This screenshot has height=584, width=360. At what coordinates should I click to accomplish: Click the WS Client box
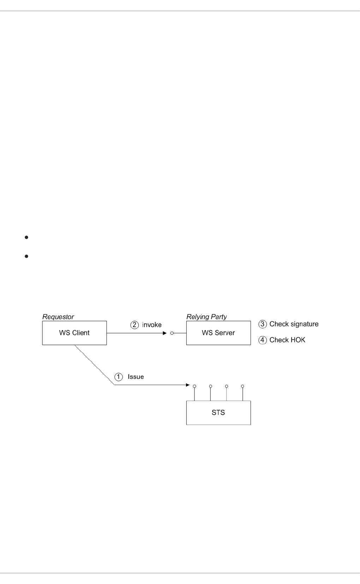(x=74, y=333)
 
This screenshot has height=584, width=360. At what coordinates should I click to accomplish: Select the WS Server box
(x=218, y=333)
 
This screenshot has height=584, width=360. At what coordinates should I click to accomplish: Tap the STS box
(x=218, y=413)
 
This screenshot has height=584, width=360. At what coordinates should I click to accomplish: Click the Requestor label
(x=58, y=317)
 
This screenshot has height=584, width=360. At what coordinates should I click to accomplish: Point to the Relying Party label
(x=206, y=317)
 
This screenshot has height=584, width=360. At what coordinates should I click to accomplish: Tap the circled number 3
(x=263, y=324)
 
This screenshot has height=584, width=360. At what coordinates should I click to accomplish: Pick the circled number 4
(x=263, y=340)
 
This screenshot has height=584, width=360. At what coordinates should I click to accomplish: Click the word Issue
(x=136, y=377)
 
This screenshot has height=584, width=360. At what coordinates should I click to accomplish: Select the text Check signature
(x=294, y=324)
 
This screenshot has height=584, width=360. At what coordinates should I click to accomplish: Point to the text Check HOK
(x=287, y=340)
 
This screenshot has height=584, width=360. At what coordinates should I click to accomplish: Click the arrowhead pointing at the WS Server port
(x=164, y=333)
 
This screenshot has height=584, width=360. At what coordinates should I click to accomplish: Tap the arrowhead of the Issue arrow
(x=188, y=385)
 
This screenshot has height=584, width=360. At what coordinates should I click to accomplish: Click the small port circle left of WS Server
(x=172, y=333)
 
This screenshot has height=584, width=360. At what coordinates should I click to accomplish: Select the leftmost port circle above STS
(x=194, y=386)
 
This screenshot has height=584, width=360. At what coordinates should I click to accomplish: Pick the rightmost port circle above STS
(x=242, y=386)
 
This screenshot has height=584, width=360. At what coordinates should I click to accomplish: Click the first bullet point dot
(x=26, y=237)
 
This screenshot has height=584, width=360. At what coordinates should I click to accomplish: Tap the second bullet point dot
(x=26, y=256)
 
